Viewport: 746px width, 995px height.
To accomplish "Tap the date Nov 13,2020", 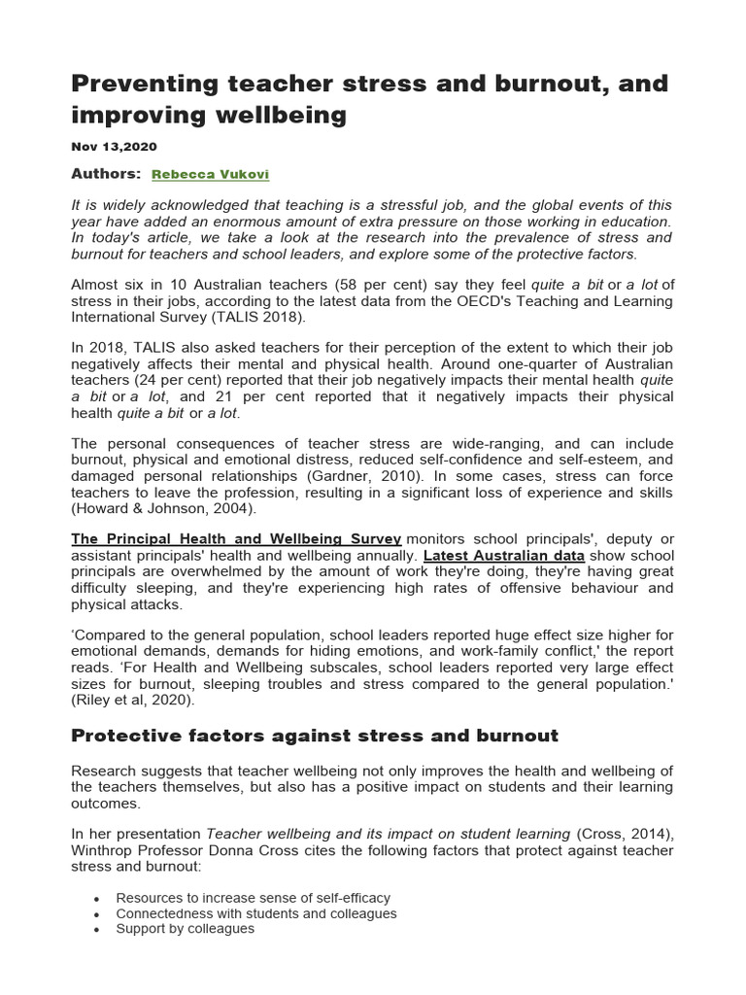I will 114,146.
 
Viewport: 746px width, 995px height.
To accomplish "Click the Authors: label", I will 107,173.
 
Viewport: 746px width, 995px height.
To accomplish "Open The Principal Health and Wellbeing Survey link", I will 236,539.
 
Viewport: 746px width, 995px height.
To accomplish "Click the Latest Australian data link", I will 504,555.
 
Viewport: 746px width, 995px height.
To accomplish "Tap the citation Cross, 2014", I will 625,834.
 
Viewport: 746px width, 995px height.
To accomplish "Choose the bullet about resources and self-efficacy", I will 253,898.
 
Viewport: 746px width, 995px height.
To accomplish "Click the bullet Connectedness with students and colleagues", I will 256,913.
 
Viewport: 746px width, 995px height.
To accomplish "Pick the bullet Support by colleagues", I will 185,929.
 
